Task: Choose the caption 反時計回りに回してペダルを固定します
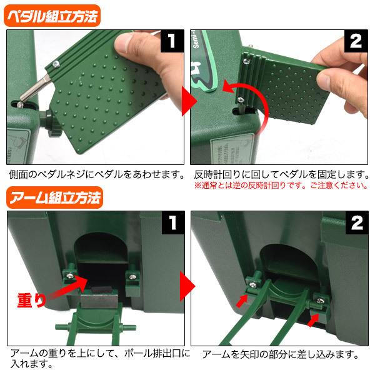click(278, 174)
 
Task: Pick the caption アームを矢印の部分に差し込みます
click(279, 355)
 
